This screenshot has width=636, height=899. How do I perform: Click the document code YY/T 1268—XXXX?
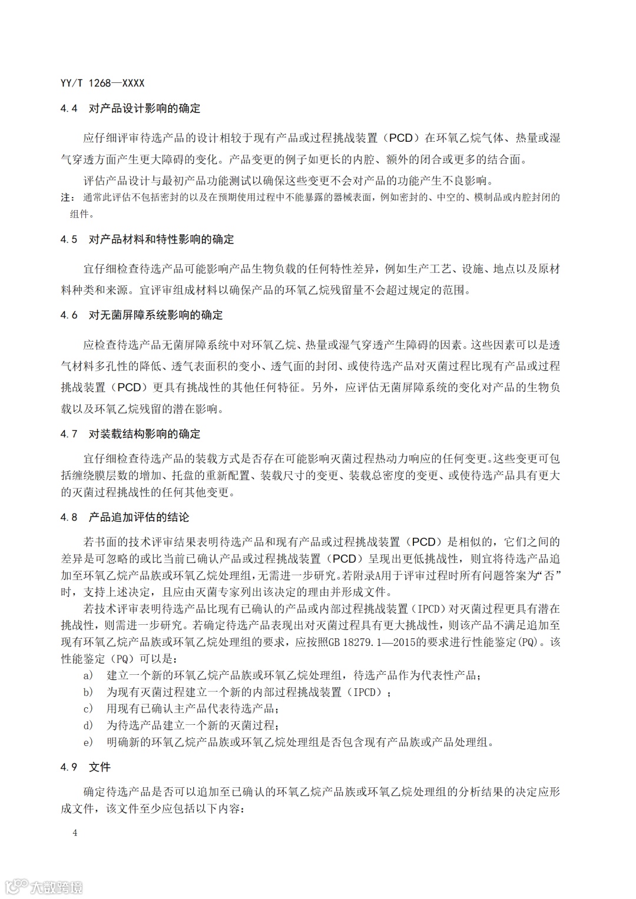tap(102, 83)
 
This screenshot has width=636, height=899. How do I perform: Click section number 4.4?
tap(69, 108)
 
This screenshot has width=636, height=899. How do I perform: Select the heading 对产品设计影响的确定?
tap(144, 108)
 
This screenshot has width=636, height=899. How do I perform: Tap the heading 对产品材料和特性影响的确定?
tap(161, 239)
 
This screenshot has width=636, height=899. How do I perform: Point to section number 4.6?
tap(69, 315)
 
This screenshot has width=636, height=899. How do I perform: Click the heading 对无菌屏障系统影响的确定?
tap(155, 315)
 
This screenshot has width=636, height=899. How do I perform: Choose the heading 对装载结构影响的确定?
tap(144, 434)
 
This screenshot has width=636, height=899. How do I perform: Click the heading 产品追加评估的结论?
tap(139, 518)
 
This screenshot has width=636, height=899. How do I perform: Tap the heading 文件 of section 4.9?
tap(100, 767)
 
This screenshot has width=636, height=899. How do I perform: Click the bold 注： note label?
tap(68, 198)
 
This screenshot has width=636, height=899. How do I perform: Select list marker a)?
tap(88, 675)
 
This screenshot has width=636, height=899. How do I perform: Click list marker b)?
tap(88, 692)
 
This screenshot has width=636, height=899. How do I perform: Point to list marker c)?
tap(88, 708)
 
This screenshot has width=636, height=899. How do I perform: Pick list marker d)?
tap(88, 725)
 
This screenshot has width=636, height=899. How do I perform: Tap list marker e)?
tap(88, 742)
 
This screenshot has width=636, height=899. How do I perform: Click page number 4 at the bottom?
tap(75, 833)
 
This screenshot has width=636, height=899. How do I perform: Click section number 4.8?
tap(69, 518)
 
